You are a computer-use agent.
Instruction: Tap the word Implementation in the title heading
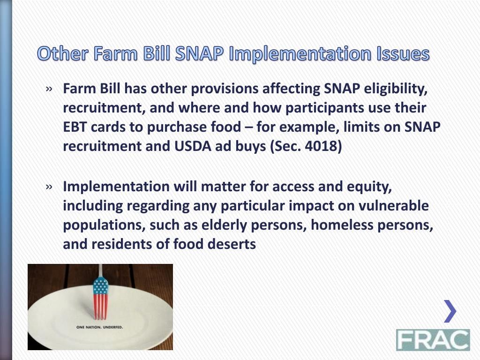point(300,54)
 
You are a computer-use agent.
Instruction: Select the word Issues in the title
point(403,53)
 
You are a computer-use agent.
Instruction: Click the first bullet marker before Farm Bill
point(49,89)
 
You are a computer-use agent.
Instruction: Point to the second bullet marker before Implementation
point(49,187)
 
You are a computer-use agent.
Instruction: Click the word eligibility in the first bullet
point(396,89)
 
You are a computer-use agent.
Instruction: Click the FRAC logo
point(433,340)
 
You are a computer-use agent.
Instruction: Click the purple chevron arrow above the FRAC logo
point(450,311)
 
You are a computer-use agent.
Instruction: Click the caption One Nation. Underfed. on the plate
point(100,327)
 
